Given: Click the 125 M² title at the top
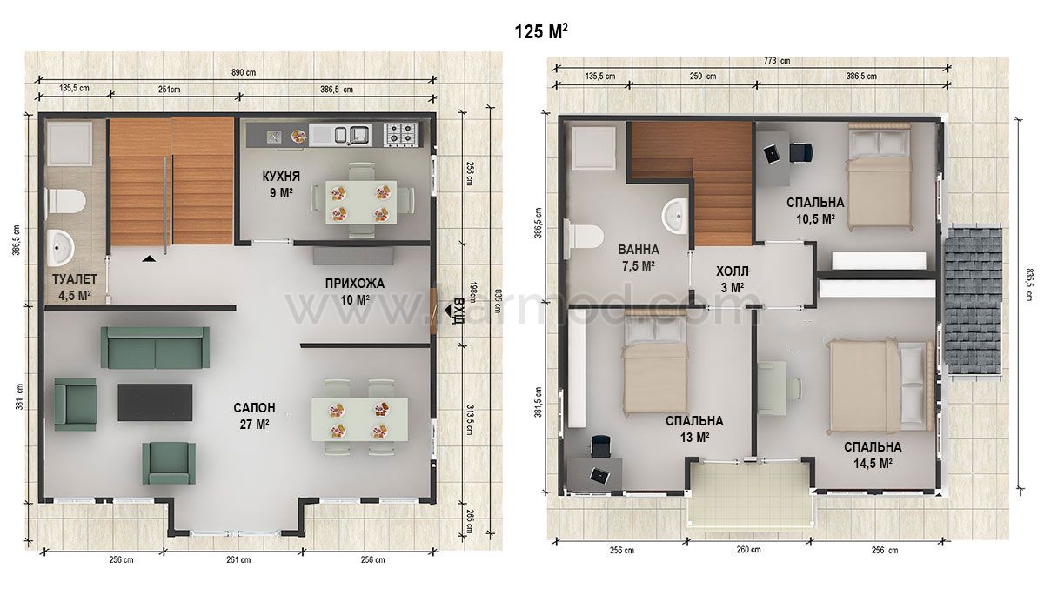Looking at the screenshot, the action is [x=540, y=31].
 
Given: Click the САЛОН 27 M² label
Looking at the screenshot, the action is [x=254, y=415].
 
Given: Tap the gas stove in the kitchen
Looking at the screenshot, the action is [x=401, y=133].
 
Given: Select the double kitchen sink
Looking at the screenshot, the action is [x=351, y=134].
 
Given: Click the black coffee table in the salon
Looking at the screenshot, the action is [x=155, y=402].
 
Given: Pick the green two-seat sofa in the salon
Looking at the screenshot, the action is [x=155, y=348].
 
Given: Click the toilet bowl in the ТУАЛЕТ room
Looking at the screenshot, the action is [x=66, y=201].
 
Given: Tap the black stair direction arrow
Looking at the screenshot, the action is [x=149, y=258].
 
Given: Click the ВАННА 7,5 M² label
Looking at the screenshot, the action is [x=638, y=258].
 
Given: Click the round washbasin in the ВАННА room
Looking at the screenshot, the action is [x=675, y=217].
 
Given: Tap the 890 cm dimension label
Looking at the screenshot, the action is [x=244, y=73].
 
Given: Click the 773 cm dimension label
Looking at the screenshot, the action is [x=776, y=61].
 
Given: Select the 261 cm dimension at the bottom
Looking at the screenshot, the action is [x=238, y=559].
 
